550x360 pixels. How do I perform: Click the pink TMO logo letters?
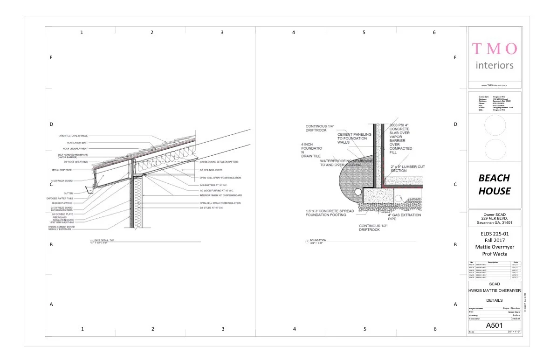tap(495, 48)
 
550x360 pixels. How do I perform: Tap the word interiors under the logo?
tap(495, 65)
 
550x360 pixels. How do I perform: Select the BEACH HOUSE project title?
tap(494, 184)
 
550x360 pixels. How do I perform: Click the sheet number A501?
tap(494, 325)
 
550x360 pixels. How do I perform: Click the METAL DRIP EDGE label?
tap(62, 170)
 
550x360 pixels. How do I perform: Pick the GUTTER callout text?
tap(68, 193)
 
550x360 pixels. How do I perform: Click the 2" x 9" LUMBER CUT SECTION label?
tap(408, 168)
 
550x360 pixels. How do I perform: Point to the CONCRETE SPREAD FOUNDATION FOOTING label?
tap(330, 213)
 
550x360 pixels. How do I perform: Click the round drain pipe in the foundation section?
tap(357, 191)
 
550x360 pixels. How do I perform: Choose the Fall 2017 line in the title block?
tap(494, 240)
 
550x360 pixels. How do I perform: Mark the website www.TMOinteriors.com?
tap(494, 85)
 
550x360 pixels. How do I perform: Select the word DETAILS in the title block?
tap(494, 300)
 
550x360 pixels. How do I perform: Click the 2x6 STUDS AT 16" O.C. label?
tap(212, 208)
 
